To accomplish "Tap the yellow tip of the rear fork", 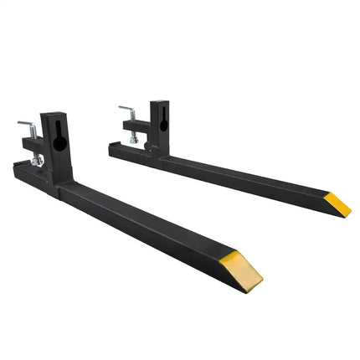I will [x=338, y=203].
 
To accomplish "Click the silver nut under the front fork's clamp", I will [x=36, y=161].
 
